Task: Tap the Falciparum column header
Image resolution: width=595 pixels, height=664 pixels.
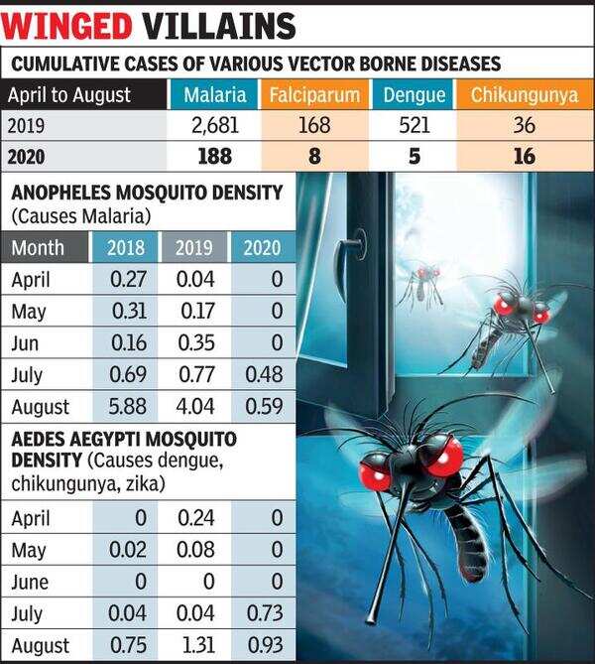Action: click(x=315, y=96)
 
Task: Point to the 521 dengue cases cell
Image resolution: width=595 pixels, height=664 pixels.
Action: click(x=413, y=126)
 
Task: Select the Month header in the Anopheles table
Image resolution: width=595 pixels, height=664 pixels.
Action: click(x=40, y=247)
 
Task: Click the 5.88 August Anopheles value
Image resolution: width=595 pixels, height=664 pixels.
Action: click(x=125, y=406)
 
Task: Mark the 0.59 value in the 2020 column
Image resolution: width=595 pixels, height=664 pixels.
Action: click(x=261, y=406)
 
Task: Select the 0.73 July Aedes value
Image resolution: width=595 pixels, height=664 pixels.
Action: click(x=261, y=612)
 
